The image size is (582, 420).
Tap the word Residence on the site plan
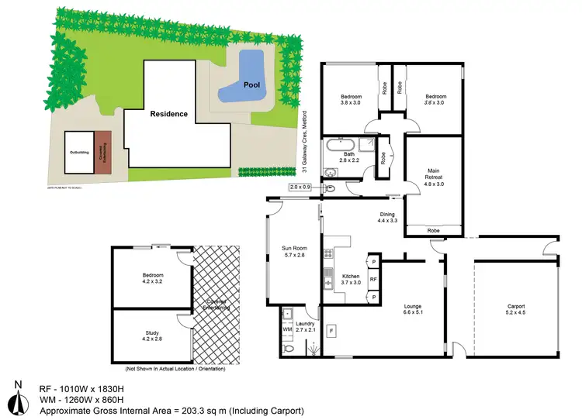[x=168, y=114]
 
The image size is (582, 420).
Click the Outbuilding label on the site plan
[x=78, y=153]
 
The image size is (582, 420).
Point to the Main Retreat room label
[x=434, y=177]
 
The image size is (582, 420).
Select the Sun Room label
[x=294, y=252]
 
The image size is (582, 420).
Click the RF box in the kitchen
[x=373, y=280]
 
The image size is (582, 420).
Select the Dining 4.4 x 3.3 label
[x=387, y=218]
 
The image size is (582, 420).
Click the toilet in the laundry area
[x=289, y=349]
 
